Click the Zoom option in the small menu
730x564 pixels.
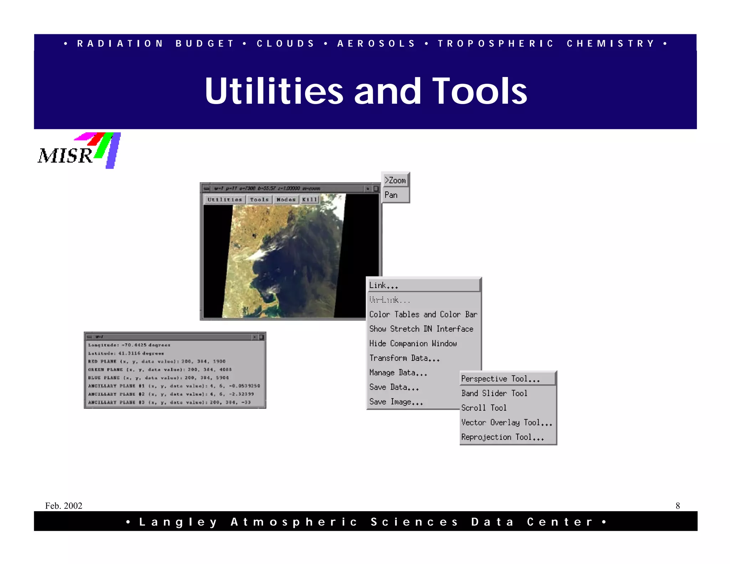coord(395,180)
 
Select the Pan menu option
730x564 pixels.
coord(391,195)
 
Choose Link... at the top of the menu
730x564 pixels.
coord(384,285)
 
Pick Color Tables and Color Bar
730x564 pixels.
coord(423,314)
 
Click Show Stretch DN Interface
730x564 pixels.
coord(421,329)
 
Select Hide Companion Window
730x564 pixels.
coord(413,343)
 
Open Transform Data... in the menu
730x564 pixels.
coord(404,358)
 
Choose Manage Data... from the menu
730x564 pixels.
coord(398,373)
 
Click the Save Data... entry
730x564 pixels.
coord(394,387)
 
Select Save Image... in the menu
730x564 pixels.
coord(396,402)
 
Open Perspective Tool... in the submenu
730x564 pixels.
coord(500,379)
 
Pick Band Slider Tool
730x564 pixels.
coord(494,393)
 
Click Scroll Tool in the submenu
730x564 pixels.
coord(484,408)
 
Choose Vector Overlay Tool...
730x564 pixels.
coord(506,422)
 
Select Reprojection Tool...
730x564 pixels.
coord(502,437)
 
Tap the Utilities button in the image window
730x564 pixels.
coord(225,200)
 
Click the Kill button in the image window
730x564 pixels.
coord(309,200)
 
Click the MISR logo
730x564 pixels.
coord(79,151)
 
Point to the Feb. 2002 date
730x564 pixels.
coord(63,506)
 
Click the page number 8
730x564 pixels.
coord(678,506)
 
